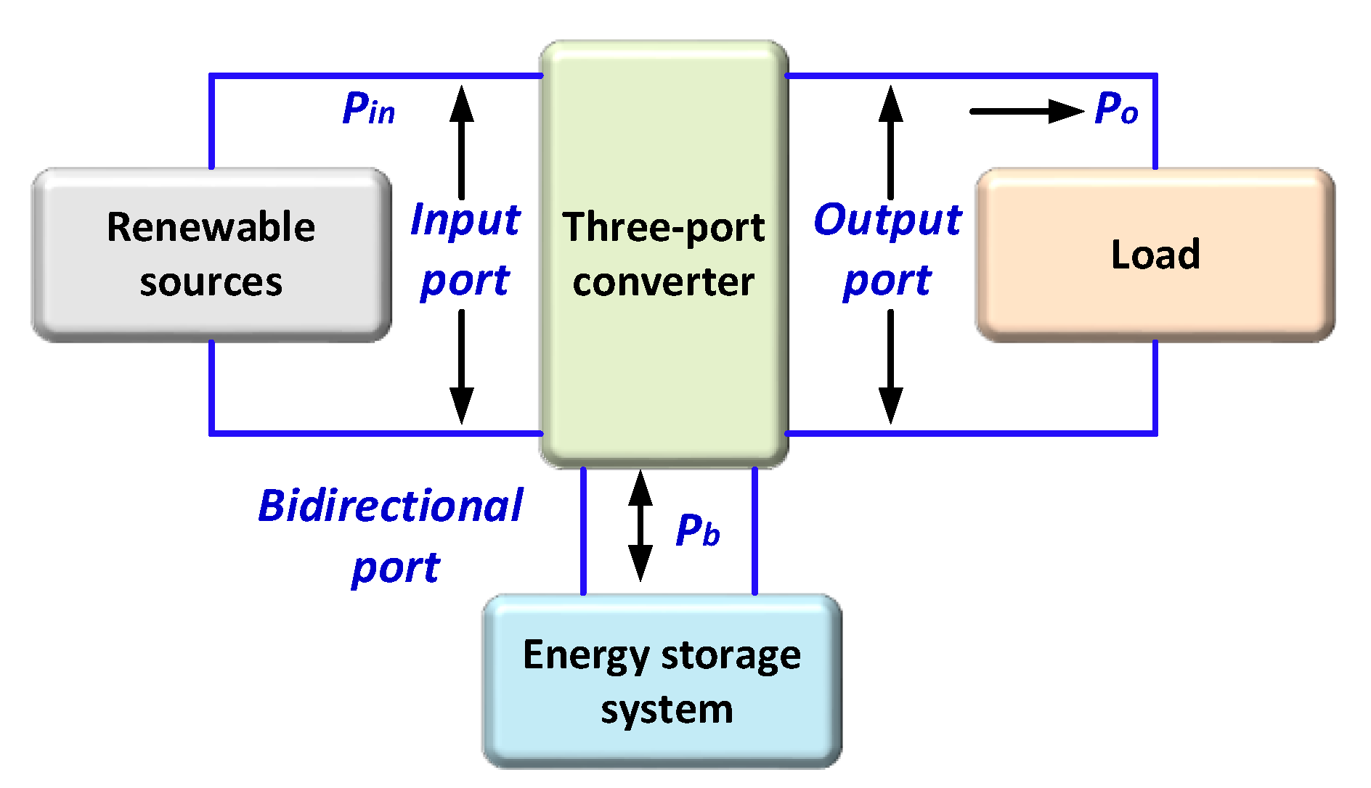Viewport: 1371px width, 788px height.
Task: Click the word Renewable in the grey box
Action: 211,226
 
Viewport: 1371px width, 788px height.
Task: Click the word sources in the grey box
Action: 211,282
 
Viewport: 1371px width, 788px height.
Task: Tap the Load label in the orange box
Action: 1155,254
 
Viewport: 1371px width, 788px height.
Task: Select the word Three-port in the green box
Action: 663,226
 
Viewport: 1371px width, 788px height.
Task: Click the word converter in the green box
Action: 663,282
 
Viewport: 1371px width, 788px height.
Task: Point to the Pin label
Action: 368,109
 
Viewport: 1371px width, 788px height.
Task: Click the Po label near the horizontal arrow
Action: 1116,109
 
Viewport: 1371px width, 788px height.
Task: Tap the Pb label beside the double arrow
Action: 697,530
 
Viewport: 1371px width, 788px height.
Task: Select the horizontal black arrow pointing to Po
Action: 1025,111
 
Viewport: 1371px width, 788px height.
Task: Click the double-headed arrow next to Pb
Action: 640,526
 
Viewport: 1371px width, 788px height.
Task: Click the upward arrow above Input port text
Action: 461,141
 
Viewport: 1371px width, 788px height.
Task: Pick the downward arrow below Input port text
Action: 461,366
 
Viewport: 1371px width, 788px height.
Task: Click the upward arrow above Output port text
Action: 890,141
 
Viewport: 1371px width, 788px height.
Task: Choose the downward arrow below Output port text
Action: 890,366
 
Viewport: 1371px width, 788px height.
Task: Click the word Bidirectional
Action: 390,506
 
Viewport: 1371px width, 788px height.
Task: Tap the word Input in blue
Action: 465,219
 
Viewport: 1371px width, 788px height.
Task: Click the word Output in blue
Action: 887,219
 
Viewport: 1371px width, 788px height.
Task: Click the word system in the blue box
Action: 667,709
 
